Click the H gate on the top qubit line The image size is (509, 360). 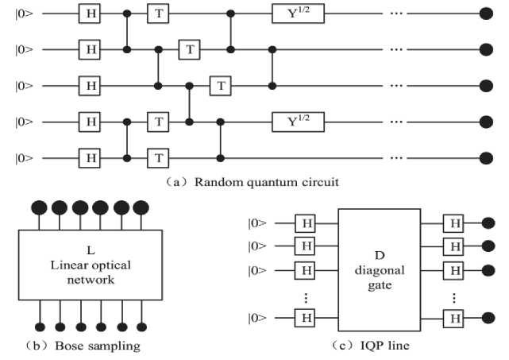coord(92,14)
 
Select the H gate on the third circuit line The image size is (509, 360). coord(92,86)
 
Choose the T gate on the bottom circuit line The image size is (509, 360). coord(159,157)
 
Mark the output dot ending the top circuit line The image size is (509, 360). coord(485,14)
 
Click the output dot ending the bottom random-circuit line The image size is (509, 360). coord(485,157)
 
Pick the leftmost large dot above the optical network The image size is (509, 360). coord(37,208)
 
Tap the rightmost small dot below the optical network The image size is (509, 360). coord(141,326)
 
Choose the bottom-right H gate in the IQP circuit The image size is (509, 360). coord(453,318)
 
